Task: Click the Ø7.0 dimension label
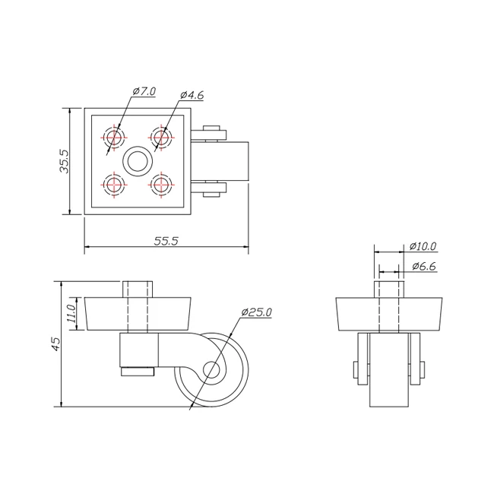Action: [x=144, y=91]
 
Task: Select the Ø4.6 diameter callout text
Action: [x=192, y=95]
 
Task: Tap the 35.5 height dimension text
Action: [x=65, y=161]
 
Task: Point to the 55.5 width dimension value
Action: [x=166, y=241]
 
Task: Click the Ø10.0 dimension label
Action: [x=423, y=245]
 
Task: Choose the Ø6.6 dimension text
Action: [x=424, y=267]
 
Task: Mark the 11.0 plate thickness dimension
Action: [x=71, y=313]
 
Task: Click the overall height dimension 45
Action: [x=55, y=344]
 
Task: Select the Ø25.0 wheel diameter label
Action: [x=256, y=312]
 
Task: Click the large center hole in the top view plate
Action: [x=138, y=160]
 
